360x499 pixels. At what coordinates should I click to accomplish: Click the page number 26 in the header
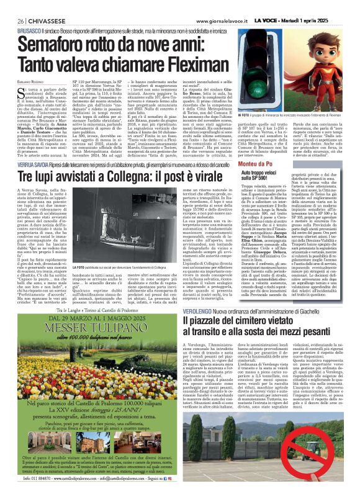[x=12, y=4]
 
